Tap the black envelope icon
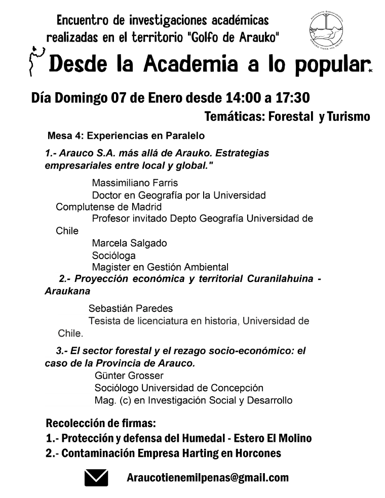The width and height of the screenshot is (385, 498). (x=96, y=478)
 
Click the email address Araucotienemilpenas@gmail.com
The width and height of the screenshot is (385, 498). (x=208, y=477)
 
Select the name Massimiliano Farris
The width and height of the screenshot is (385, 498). (x=135, y=183)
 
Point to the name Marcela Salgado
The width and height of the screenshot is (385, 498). (x=129, y=243)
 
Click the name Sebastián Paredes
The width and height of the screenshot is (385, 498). (x=130, y=308)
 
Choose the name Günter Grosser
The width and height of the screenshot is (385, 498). (x=129, y=376)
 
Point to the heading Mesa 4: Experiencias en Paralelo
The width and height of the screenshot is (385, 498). (x=126, y=136)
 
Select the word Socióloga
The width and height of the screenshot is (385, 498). (x=113, y=255)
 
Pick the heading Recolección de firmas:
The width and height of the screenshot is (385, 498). (x=100, y=423)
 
